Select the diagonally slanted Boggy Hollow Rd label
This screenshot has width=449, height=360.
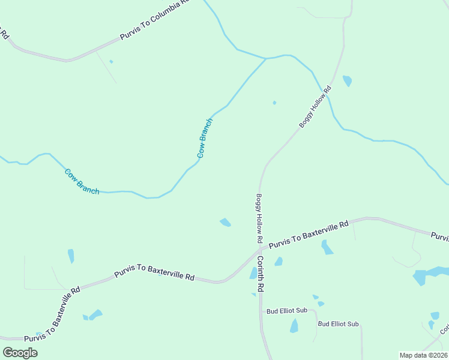click(315, 107)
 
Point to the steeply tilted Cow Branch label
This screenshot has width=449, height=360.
click(205, 138)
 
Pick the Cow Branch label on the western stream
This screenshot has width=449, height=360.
click(82, 181)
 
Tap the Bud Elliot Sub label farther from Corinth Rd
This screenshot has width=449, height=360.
click(338, 324)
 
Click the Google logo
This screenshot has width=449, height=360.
click(20, 352)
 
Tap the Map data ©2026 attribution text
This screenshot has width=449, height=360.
click(423, 355)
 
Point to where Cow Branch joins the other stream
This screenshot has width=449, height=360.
click(265, 59)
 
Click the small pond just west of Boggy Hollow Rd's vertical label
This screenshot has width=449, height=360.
click(225, 223)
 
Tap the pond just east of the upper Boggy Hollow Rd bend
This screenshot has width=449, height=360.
click(347, 80)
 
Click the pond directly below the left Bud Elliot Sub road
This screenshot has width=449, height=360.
click(294, 326)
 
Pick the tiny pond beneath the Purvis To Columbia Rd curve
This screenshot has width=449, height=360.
click(111, 61)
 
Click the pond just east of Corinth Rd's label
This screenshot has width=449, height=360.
click(279, 262)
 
